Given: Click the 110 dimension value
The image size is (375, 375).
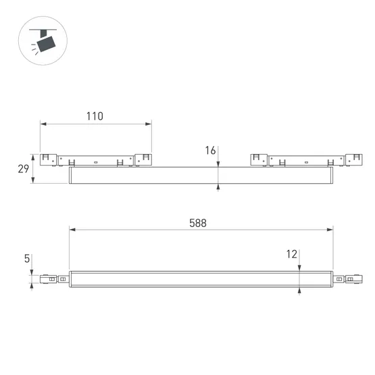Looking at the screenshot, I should click(x=95, y=116).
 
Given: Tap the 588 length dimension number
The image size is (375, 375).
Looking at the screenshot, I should click(x=198, y=222).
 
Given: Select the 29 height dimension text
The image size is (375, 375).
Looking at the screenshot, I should click(x=23, y=169).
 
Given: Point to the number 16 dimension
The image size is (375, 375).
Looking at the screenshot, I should click(x=209, y=151).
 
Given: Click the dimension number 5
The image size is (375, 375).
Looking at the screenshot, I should click(x=26, y=258).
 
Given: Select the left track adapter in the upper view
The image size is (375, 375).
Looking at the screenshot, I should click(x=96, y=160).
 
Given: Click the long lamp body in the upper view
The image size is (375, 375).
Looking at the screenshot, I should click(x=201, y=175).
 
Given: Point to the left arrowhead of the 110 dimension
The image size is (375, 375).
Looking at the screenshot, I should click(x=43, y=124).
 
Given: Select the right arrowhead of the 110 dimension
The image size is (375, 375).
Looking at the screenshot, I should click(x=149, y=124).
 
